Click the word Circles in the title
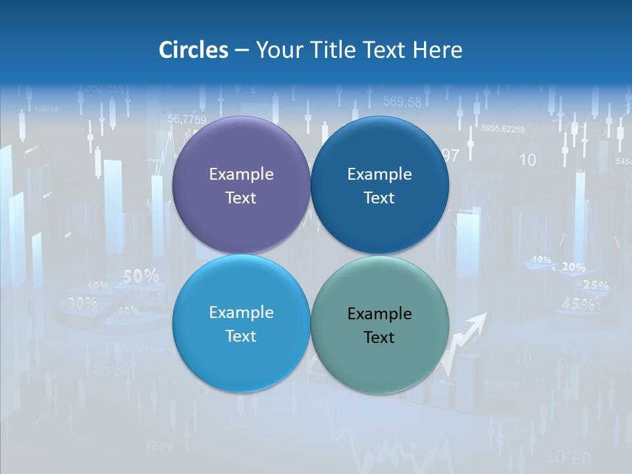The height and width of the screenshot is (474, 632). point(193,50)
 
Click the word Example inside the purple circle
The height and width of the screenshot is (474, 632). point(241,174)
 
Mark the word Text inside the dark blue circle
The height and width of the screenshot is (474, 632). point(379,198)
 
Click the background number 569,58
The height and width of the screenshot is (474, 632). point(402,101)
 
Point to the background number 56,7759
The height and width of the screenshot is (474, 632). point(187,119)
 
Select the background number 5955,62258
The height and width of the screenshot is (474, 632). point(503,129)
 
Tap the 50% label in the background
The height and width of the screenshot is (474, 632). point(141,276)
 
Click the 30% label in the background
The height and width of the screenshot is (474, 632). point(82,303)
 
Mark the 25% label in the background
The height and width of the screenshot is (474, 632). point(596,286)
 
